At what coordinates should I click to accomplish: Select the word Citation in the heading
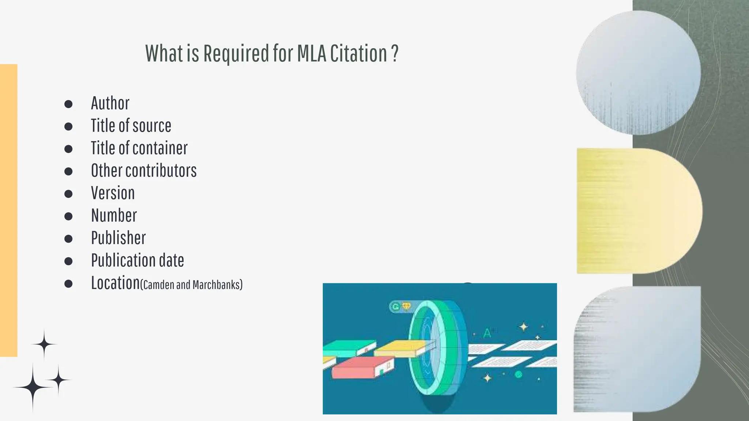tap(358, 54)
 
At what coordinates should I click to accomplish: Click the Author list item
tap(110, 103)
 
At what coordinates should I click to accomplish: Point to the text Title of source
tap(131, 126)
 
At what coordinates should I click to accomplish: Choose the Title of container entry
tap(139, 148)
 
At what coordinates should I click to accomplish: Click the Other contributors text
tap(144, 171)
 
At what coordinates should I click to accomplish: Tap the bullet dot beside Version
tap(68, 194)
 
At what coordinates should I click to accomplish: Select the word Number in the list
tap(114, 216)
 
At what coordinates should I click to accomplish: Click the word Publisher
tap(118, 238)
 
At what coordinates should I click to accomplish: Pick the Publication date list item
tap(138, 261)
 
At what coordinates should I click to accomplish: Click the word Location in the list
tap(115, 283)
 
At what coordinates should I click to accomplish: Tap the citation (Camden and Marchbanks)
tap(191, 285)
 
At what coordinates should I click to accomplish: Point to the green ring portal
tap(437, 351)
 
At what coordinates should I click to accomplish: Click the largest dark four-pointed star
tap(33, 387)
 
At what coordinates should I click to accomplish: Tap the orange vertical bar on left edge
tap(8, 210)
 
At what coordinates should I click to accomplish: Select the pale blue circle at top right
tap(638, 73)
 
